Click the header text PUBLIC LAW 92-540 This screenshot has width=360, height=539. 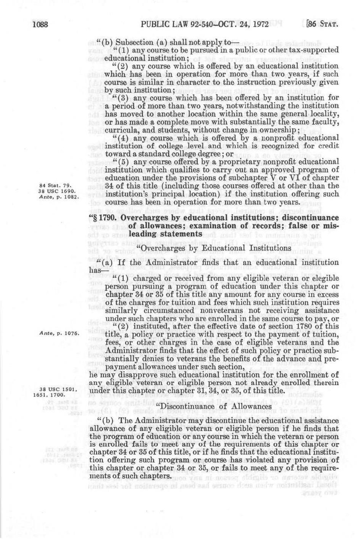(173, 26)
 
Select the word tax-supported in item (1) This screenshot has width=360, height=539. (315, 50)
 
